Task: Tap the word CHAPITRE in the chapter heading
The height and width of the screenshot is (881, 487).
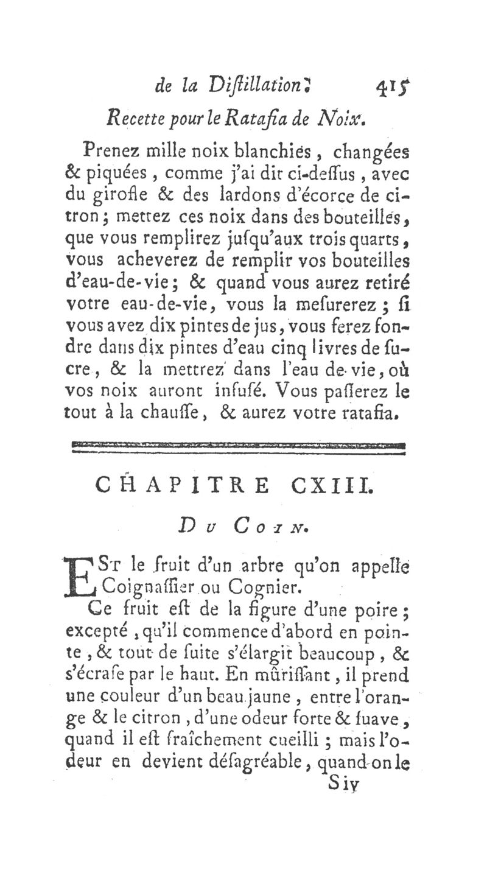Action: (x=182, y=486)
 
